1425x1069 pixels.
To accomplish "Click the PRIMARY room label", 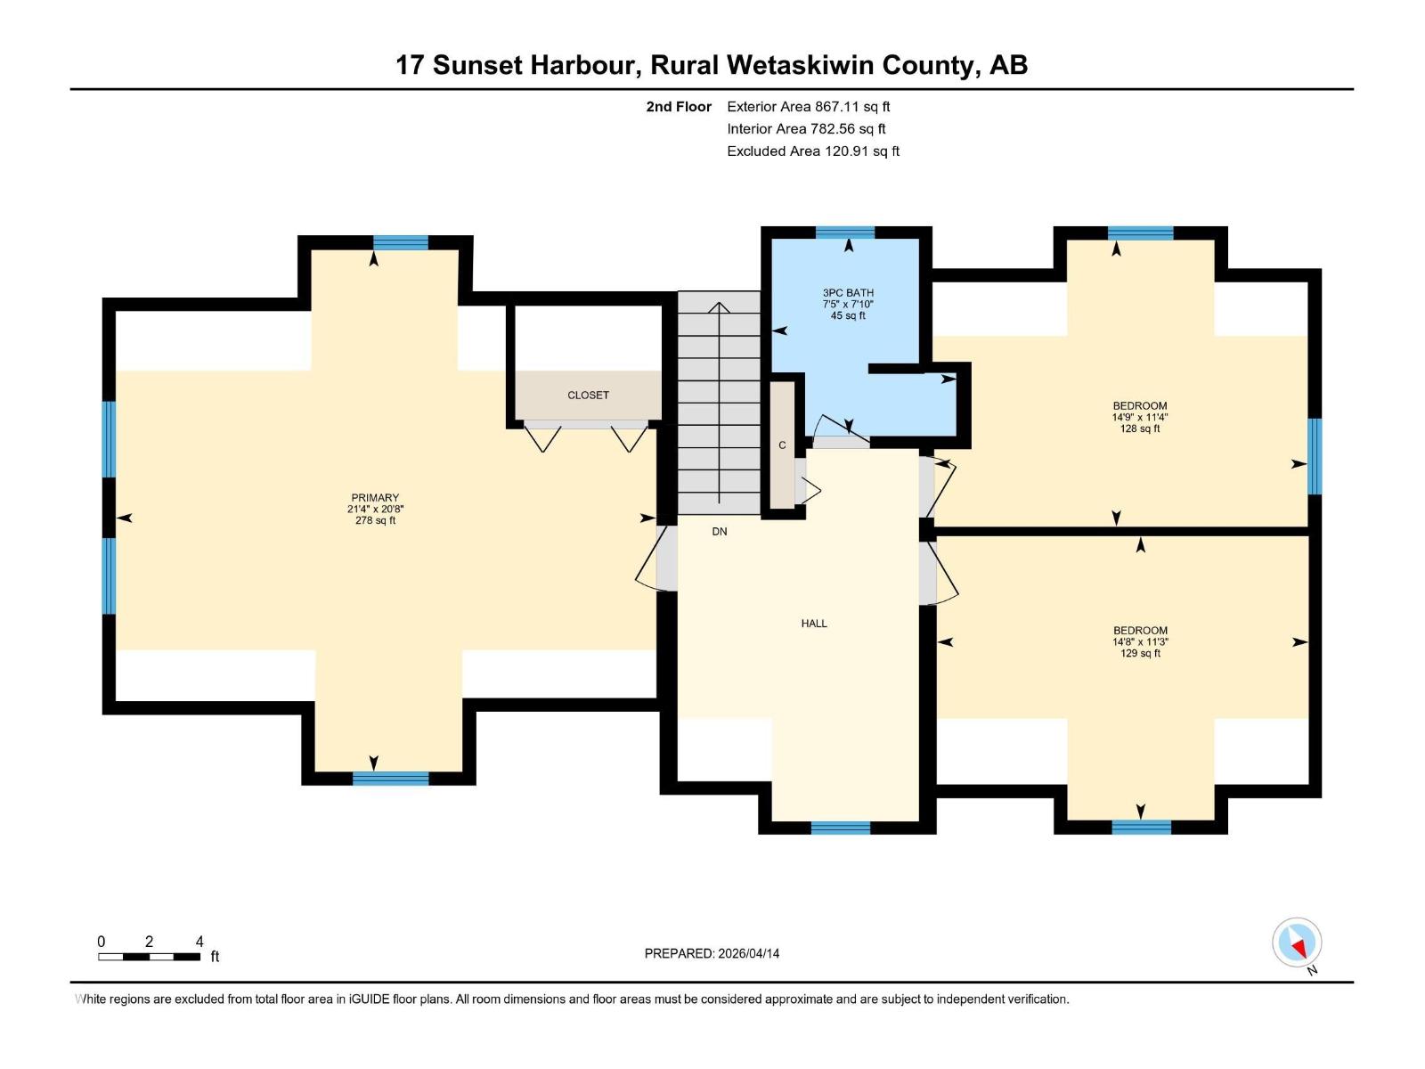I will pyautogui.click(x=375, y=498).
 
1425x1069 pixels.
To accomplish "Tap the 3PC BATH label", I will pyautogui.click(x=848, y=293).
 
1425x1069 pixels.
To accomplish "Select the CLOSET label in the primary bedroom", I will pyautogui.click(x=588, y=395).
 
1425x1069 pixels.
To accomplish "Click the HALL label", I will pyautogui.click(x=814, y=624).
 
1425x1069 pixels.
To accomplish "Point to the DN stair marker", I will pyautogui.click(x=720, y=532).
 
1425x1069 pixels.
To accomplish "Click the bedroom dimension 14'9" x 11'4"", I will pyautogui.click(x=1140, y=417).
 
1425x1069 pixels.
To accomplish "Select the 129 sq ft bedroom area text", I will pyautogui.click(x=1140, y=653).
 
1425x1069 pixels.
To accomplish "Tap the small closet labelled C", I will pyautogui.click(x=783, y=445).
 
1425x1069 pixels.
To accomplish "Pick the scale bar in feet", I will pyautogui.click(x=149, y=957).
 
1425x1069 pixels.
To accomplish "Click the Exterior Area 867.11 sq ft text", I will pyautogui.click(x=809, y=107).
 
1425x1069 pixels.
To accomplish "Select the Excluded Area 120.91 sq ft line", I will pyautogui.click(x=813, y=151).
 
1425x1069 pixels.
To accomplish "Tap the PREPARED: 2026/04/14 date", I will pyautogui.click(x=712, y=953).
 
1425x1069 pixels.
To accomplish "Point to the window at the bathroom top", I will pyautogui.click(x=845, y=233).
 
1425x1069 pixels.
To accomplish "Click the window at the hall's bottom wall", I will pyautogui.click(x=841, y=828).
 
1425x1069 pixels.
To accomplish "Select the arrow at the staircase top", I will pyautogui.click(x=719, y=308).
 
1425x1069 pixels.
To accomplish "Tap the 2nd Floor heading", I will pyautogui.click(x=679, y=107).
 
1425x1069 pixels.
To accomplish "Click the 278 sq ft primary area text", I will pyautogui.click(x=375, y=520).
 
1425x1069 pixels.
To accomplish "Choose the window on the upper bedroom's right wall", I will pyautogui.click(x=1315, y=455).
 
